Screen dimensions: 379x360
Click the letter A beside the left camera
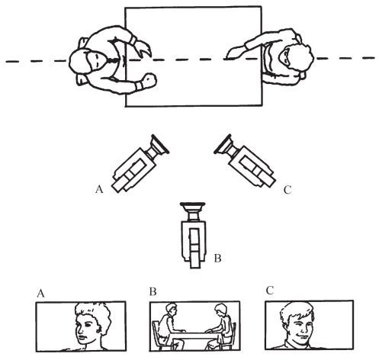click(99, 189)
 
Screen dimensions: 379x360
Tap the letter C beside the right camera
click(287, 190)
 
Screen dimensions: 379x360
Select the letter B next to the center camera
click(217, 259)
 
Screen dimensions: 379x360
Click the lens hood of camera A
click(159, 144)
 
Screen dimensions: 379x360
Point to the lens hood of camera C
click(223, 144)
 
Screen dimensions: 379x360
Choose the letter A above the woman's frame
click(40, 293)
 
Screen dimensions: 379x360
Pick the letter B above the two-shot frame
click(153, 291)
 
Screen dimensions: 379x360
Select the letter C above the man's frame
click(270, 291)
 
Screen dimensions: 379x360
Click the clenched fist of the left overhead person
click(148, 80)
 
